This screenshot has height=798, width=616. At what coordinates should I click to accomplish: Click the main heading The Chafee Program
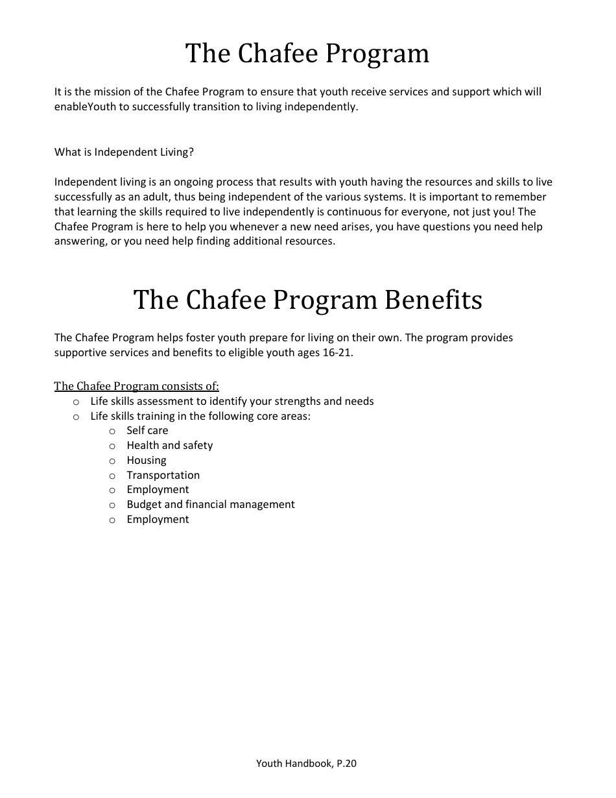pos(307,53)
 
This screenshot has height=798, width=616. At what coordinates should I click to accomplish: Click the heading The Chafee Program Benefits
pos(307,300)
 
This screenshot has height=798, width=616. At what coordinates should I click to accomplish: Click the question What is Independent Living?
pos(124,152)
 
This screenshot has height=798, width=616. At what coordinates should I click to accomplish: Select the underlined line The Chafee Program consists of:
pos(136,387)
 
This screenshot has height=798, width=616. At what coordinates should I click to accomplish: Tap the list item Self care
pos(147,431)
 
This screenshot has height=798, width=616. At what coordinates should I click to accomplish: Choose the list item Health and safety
pos(169,446)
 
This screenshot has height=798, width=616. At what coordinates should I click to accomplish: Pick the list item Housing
pos(147,461)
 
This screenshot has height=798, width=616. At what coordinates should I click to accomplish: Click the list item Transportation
pos(163,476)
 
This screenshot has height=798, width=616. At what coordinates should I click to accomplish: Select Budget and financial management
pos(210,505)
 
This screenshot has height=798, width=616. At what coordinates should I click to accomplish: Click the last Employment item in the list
pos(158,520)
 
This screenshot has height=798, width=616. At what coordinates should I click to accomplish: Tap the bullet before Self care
pos(112,431)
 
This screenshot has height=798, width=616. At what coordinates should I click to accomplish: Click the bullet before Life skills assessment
pos(76,402)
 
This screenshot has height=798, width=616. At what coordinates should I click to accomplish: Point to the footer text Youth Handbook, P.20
pos(306,764)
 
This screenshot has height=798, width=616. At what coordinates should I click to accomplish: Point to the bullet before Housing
pos(112,461)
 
